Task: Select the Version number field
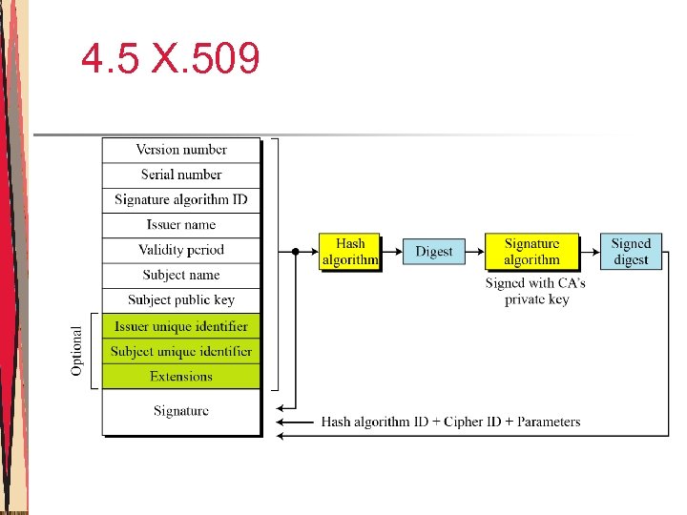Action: point(181,150)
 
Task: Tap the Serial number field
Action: point(181,175)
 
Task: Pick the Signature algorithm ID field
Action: point(181,199)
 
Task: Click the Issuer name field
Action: point(181,225)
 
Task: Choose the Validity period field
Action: point(181,250)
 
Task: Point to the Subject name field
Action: point(181,275)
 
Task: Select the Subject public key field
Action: point(181,299)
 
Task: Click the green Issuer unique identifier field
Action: point(181,326)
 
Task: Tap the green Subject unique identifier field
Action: point(181,351)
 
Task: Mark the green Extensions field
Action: point(181,376)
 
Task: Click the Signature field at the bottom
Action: point(181,411)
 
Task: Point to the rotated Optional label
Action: point(77,350)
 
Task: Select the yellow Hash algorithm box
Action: point(349,252)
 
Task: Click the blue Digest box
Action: point(434,252)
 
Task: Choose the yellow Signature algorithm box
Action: point(531,252)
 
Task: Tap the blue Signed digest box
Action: point(631,252)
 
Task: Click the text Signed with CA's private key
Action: point(535,291)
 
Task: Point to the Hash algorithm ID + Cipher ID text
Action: point(450,422)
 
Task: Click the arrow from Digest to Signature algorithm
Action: point(474,252)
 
